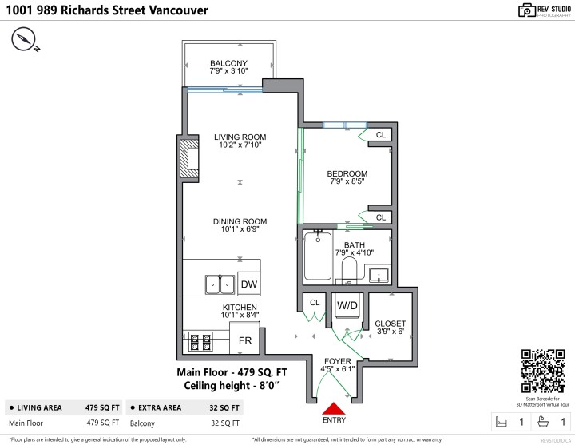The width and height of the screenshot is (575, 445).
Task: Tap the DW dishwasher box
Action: click(249, 284)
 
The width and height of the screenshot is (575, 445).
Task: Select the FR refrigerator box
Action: click(245, 340)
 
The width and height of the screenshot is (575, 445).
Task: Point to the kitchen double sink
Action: click(219, 284)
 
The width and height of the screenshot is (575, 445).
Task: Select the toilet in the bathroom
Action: click(349, 268)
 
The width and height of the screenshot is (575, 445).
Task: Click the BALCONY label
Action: click(228, 63)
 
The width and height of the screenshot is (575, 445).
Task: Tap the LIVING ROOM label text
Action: click(240, 137)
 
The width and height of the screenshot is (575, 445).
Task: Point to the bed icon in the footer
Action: click(501, 421)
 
